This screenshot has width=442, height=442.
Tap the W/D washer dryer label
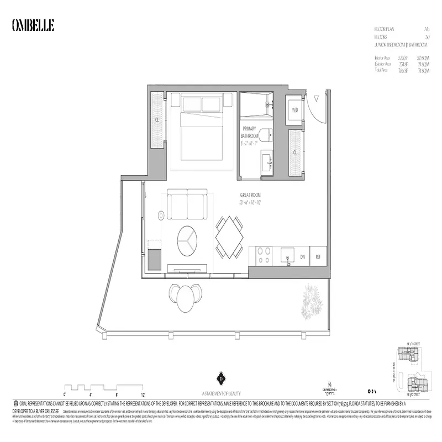click(x=294, y=109)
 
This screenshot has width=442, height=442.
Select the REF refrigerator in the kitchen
click(x=318, y=257)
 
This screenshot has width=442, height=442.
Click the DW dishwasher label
click(x=302, y=257)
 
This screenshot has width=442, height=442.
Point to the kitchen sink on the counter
click(x=286, y=256)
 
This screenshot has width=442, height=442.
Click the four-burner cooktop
click(x=261, y=256)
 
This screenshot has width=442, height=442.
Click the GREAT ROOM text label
click(x=250, y=195)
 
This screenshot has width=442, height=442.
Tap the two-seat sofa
click(x=187, y=205)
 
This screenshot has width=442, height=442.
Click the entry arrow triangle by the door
click(x=316, y=99)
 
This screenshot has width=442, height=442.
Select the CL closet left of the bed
click(x=157, y=119)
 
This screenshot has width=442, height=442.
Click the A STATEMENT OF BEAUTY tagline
click(x=220, y=392)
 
